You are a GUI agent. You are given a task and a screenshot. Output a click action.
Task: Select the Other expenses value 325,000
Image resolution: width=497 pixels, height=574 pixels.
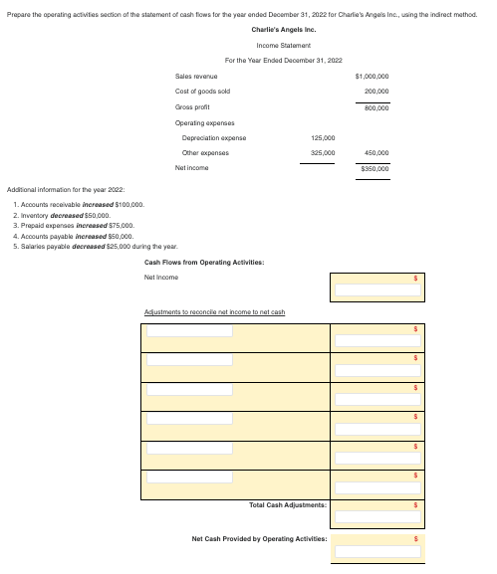[322, 153]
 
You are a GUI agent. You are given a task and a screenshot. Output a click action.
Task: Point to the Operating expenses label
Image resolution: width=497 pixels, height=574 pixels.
[203, 121]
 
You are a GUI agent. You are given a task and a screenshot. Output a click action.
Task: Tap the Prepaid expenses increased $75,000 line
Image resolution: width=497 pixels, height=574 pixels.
[77, 222]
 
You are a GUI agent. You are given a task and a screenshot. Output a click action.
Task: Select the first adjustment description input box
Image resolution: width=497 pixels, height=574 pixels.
[191, 330]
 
